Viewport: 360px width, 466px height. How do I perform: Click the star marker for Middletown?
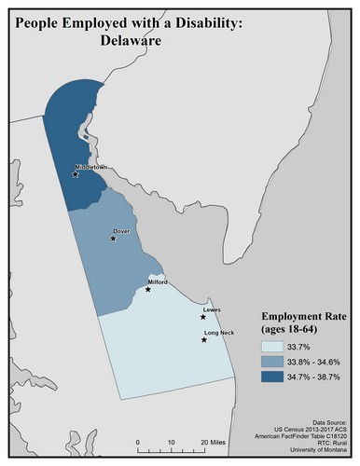click(x=76, y=173)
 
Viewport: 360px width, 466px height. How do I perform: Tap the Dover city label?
click(x=120, y=229)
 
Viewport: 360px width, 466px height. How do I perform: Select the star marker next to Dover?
click(x=114, y=239)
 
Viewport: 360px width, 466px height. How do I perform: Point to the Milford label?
click(x=158, y=281)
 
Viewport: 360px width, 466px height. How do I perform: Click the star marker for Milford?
click(x=147, y=289)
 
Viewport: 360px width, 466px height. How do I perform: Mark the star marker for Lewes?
click(x=203, y=318)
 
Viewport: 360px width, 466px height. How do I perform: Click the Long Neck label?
click(x=219, y=333)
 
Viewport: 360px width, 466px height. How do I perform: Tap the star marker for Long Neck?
click(x=204, y=341)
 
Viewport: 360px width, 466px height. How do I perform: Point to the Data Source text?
click(x=327, y=422)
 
